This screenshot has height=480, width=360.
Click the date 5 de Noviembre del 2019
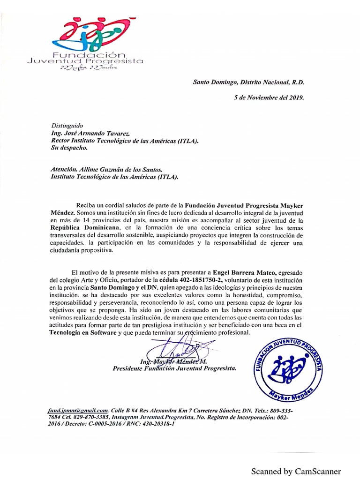point(269,98)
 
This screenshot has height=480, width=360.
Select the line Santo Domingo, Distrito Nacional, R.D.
point(248,82)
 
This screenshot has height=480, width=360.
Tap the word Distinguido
point(67,126)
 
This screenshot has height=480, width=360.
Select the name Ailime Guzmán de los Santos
point(124,169)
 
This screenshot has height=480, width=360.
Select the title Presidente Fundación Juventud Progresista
point(174,368)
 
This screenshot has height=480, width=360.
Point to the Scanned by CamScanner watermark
point(296,471)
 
